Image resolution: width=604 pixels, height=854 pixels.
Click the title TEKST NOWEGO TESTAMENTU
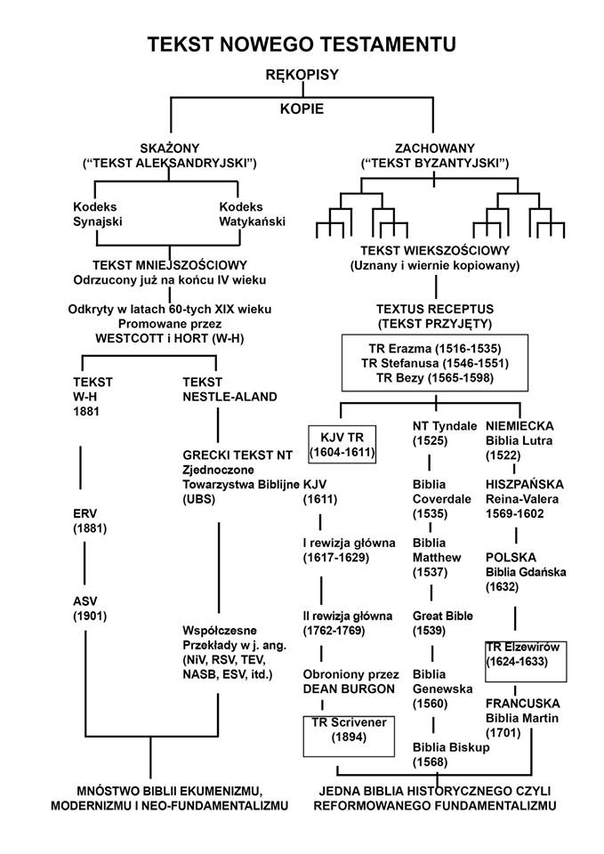(302, 44)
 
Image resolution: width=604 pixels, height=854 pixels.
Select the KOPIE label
(302, 109)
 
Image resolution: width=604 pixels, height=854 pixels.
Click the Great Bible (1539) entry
(443, 624)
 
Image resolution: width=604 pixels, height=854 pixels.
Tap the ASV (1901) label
(88, 608)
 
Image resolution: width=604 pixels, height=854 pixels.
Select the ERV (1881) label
(90, 521)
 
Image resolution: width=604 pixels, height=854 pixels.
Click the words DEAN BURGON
(342, 689)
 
